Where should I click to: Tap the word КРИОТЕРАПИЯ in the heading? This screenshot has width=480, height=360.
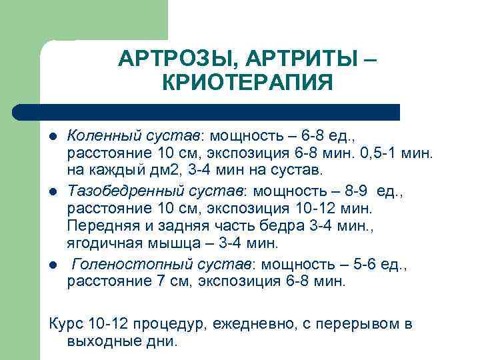tap(247, 85)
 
